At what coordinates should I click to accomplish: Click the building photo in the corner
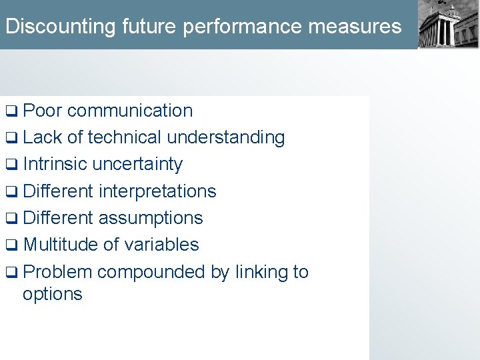(448, 25)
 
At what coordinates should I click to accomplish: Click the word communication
(130, 111)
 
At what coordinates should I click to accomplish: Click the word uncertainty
(138, 164)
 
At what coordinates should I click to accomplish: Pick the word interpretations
(157, 191)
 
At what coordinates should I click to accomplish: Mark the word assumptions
(151, 218)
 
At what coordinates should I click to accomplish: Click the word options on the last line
(53, 295)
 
